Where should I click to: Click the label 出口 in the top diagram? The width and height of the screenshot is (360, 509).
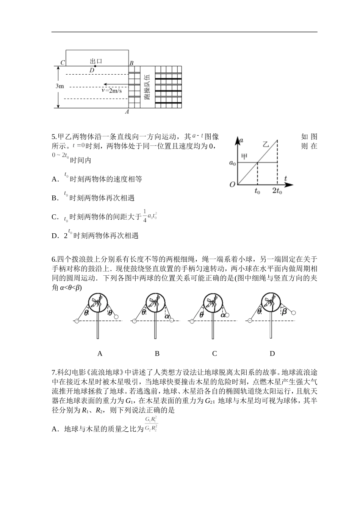96,61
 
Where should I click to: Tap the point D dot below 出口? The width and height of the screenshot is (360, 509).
95,66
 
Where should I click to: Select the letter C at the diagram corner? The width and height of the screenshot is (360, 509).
63,63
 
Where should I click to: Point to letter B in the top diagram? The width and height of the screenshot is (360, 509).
131,63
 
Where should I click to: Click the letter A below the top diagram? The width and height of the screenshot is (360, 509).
127,112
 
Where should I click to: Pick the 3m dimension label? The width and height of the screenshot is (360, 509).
59,86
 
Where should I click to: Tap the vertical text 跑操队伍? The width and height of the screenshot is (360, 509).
147,87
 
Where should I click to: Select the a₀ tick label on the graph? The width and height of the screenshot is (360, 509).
232,163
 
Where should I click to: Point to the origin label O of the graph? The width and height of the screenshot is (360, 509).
232,184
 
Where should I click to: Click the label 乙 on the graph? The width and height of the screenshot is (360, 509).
266,144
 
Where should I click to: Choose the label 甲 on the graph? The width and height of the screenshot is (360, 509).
245,156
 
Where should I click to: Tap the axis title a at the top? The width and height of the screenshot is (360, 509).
241,140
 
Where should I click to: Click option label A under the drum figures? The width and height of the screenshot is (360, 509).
100,353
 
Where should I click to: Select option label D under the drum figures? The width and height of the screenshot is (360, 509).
272,353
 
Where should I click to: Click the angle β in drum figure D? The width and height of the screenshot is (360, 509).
284,312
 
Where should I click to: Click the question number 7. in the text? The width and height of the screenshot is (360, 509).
54,372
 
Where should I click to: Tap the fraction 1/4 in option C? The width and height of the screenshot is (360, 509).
144,216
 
